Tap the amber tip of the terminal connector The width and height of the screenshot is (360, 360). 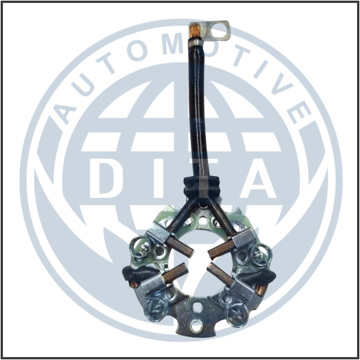(x=194, y=30)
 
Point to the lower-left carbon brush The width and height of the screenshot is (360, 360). (x=173, y=272)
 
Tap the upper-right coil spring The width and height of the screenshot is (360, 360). (x=262, y=254)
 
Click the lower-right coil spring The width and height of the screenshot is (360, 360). (x=237, y=314)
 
